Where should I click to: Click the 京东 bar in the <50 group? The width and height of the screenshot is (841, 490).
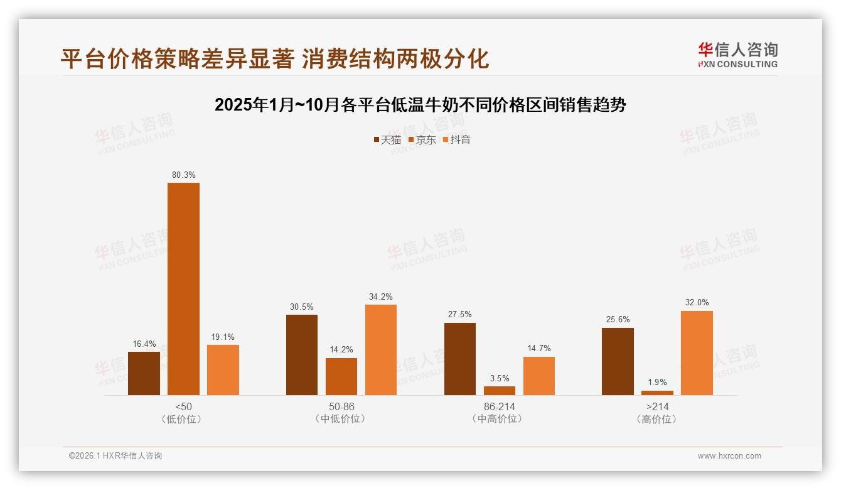click(183, 289)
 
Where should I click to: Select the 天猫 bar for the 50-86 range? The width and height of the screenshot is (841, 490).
click(302, 355)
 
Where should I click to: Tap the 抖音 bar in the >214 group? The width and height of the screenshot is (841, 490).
click(697, 353)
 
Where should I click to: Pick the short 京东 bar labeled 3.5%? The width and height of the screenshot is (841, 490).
click(500, 391)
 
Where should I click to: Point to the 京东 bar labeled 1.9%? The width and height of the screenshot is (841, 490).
click(657, 393)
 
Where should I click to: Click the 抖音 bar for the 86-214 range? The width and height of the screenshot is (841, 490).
click(539, 376)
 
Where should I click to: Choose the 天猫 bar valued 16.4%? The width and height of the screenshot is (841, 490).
click(144, 373)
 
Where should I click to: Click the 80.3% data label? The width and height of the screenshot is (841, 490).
click(183, 175)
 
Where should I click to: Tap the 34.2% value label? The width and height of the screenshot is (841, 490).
click(381, 297)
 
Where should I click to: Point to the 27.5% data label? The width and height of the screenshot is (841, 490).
click(460, 315)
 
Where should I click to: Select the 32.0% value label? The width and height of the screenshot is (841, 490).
click(697, 303)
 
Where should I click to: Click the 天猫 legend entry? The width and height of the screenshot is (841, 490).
click(387, 139)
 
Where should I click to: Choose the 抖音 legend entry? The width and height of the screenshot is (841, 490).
click(456, 139)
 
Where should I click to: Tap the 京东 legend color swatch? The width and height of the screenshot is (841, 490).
click(411, 139)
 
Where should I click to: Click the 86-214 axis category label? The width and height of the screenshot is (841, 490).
click(499, 406)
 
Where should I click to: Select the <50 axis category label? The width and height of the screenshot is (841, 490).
click(183, 406)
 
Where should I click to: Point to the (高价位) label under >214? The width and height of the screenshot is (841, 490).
click(657, 419)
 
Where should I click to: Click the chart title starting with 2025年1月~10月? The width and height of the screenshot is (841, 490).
click(420, 105)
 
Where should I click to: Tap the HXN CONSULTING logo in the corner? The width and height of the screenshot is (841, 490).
click(737, 55)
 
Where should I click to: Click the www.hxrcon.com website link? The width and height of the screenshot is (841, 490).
click(729, 456)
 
